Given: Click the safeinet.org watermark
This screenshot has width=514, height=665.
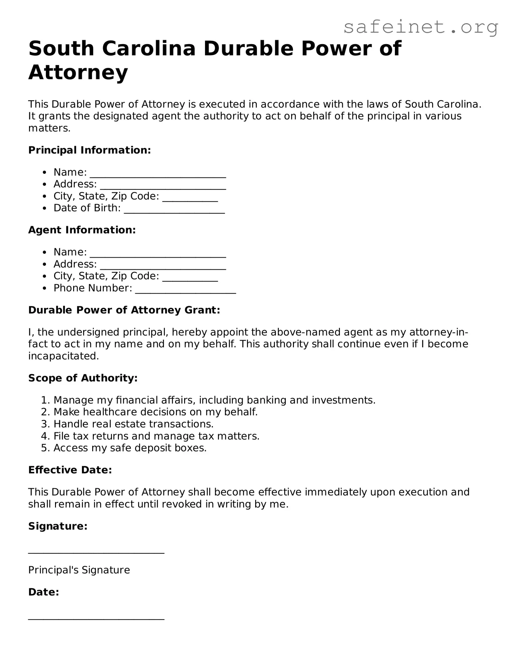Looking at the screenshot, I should pos(421,28).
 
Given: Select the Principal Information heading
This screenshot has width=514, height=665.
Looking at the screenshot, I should pos(90,150).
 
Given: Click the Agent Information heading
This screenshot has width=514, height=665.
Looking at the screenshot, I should pos(82,230).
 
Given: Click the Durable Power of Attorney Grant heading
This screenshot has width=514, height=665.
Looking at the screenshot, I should pos(124,310).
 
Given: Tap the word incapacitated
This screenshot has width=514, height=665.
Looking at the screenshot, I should pos(63,356).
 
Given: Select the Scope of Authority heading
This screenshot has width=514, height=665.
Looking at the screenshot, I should pos(83,378).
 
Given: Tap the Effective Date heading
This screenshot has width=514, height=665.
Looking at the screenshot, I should pos(70,470).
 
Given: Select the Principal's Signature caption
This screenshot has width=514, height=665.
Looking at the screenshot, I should pos(79,570).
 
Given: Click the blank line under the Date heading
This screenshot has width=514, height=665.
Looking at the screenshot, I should pos(96,618).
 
